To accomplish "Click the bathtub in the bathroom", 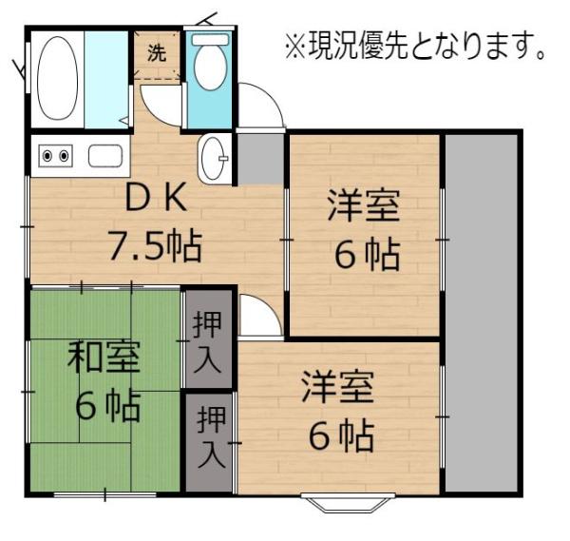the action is click(57, 78).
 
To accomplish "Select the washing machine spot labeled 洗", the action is click(157, 54).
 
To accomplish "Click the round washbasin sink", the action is click(214, 158).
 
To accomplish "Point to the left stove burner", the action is click(47, 156).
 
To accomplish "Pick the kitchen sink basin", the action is click(105, 156).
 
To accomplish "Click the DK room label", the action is click(156, 198).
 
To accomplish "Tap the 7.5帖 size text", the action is click(155, 245).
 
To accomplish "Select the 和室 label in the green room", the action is click(104, 357).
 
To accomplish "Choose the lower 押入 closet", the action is click(209, 442).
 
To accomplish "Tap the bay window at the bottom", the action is click(349, 502).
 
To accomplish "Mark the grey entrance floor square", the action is click(261, 159).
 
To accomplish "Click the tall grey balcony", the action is click(482, 313).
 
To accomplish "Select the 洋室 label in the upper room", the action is click(364, 205).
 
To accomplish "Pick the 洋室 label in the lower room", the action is click(338, 386).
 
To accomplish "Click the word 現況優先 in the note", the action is click(359, 47).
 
